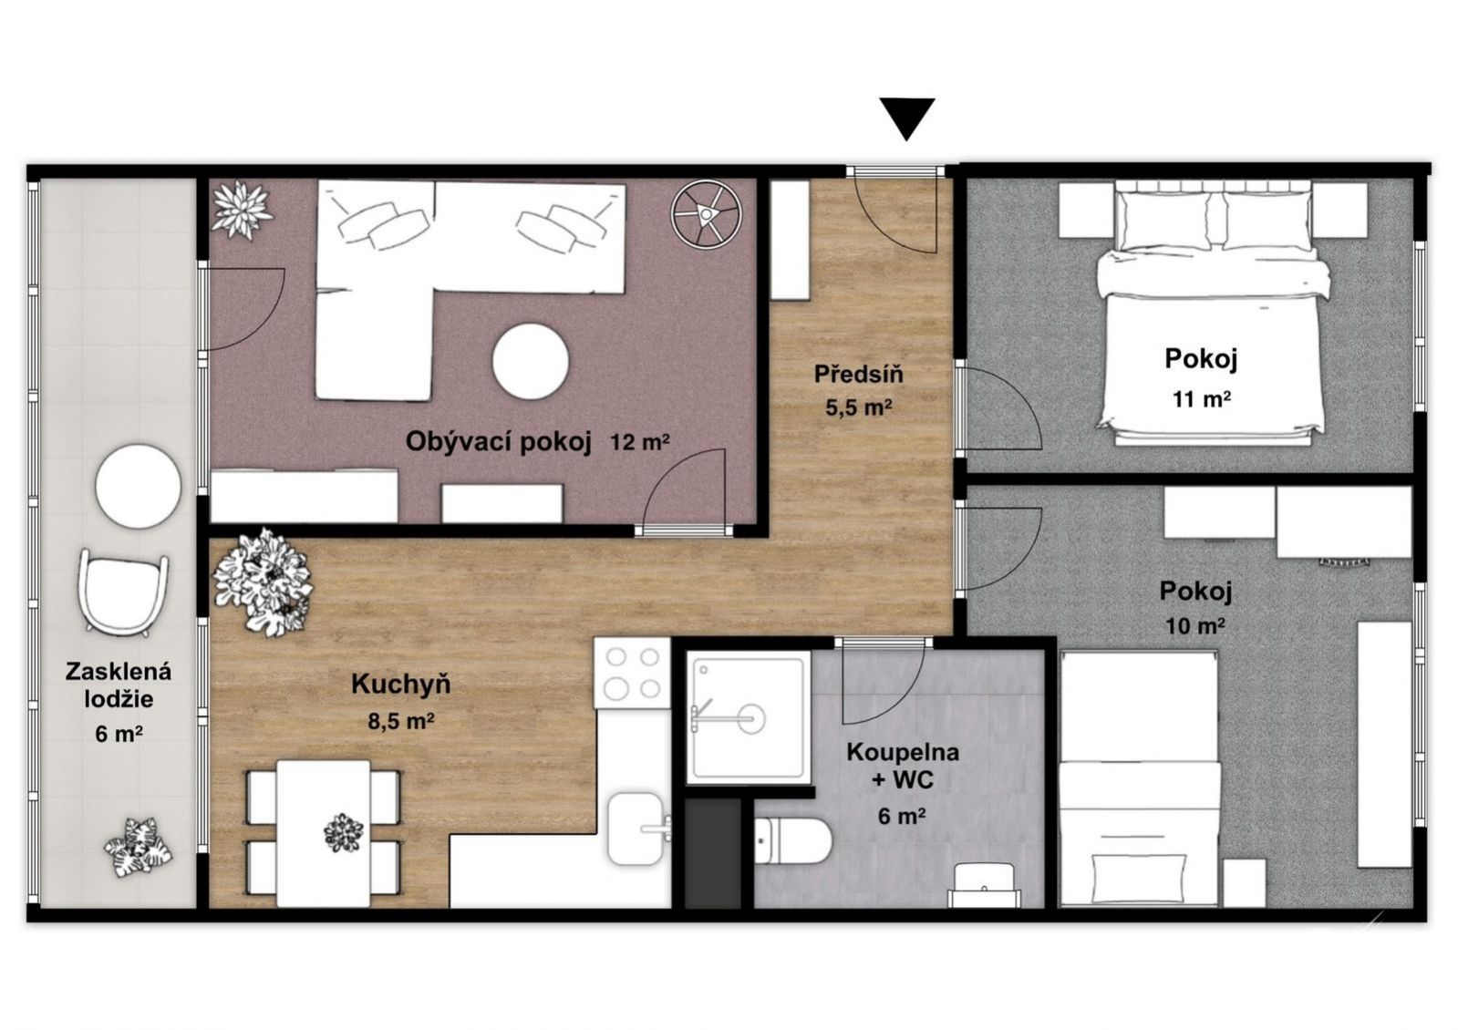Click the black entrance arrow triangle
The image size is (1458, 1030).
(x=907, y=117)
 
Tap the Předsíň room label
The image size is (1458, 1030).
(x=859, y=374)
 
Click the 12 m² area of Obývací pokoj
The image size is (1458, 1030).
(x=640, y=443)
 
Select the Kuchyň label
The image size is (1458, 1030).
(x=401, y=685)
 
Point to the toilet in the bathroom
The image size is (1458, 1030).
(x=792, y=840)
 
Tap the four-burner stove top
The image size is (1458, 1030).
(x=632, y=673)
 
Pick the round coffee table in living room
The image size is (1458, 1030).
(x=531, y=361)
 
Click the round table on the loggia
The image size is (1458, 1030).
(x=138, y=486)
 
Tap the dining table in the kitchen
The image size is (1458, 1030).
(x=324, y=833)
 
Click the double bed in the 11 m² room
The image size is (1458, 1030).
(x=1211, y=313)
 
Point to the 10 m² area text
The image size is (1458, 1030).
(x=1195, y=626)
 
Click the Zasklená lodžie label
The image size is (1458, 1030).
(x=119, y=685)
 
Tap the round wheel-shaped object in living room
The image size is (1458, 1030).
(x=707, y=213)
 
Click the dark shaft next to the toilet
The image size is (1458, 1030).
(x=713, y=853)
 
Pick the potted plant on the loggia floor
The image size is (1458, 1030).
(x=139, y=847)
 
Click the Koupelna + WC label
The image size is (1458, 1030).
(x=903, y=766)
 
